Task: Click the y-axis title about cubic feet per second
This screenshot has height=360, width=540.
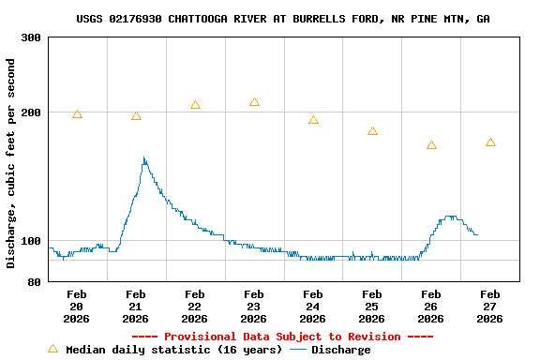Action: (x=11, y=163)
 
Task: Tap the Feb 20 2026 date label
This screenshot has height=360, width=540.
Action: (x=77, y=307)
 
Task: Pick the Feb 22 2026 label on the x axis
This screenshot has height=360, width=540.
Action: (x=195, y=307)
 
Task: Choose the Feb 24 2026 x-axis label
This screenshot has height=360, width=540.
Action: (x=313, y=307)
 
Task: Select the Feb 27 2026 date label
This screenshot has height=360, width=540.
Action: (x=490, y=307)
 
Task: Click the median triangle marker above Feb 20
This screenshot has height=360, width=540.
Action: (x=77, y=114)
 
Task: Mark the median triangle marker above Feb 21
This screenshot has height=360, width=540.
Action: (x=136, y=116)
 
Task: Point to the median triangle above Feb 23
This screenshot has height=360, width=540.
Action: (x=254, y=102)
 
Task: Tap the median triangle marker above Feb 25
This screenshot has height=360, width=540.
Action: (x=372, y=131)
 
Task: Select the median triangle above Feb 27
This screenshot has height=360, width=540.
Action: (x=490, y=142)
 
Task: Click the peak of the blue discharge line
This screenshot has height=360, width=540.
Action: (x=143, y=157)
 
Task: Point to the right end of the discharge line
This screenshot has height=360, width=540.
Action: (x=477, y=234)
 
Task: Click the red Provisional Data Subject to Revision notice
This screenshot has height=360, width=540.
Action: (x=282, y=337)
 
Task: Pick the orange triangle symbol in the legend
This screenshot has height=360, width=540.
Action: (x=52, y=349)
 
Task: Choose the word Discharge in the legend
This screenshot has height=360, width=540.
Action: (x=340, y=350)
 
